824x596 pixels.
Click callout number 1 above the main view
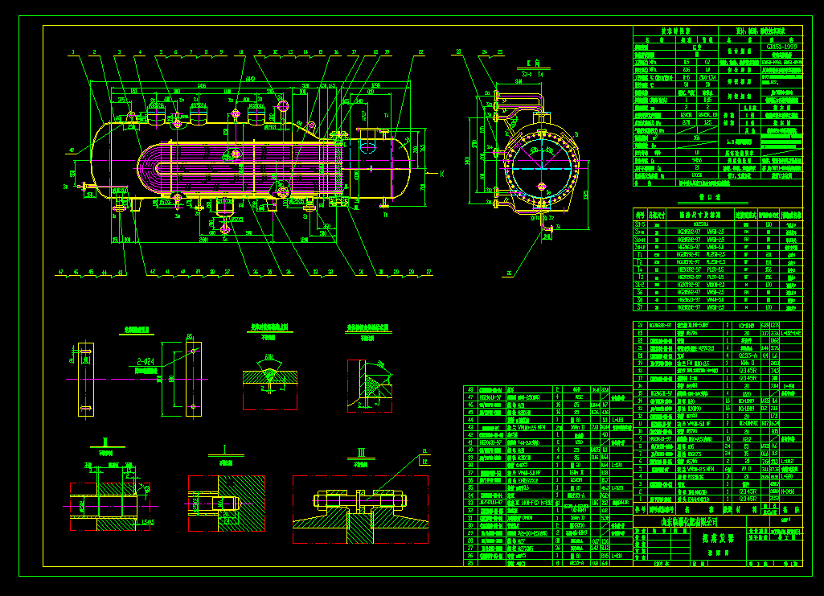pos(73,52)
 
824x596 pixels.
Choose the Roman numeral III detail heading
pos(361,451)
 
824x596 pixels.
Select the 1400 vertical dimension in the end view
pos(467,161)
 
